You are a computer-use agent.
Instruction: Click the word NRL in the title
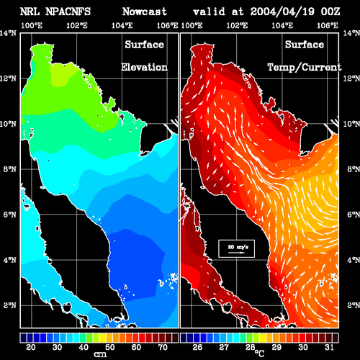click(x=30, y=12)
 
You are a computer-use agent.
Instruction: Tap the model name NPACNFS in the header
click(x=68, y=12)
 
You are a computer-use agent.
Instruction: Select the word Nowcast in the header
click(x=144, y=12)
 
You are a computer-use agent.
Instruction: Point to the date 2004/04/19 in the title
click(x=282, y=12)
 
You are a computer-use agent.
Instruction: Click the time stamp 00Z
click(x=330, y=12)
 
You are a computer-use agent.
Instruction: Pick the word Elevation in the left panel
click(x=144, y=67)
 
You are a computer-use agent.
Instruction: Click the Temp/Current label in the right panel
click(x=305, y=67)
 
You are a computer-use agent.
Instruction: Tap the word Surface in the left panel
click(x=144, y=45)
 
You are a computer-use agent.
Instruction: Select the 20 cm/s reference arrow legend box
click(x=236, y=248)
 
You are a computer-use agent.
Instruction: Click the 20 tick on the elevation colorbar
click(x=31, y=347)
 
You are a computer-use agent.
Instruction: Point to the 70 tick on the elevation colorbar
click(x=163, y=347)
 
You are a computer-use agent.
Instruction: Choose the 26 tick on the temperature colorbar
click(x=197, y=347)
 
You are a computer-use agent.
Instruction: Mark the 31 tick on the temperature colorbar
click(x=329, y=347)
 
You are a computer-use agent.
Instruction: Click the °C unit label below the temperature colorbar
click(x=259, y=354)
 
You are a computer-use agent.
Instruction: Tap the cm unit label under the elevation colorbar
click(x=100, y=354)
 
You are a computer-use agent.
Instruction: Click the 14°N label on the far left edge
click(x=8, y=33)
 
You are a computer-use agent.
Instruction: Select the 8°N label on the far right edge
click(x=354, y=169)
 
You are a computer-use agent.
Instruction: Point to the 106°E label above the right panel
click(x=328, y=25)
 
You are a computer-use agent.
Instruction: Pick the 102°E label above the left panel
click(x=77, y=25)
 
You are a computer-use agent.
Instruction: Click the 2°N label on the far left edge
click(x=10, y=305)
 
